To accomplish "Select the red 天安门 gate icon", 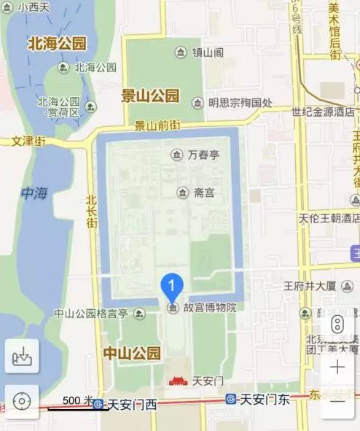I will (179, 380).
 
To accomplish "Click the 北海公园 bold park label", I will (57, 43).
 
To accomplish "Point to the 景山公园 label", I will (150, 95).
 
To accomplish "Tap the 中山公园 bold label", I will (131, 354).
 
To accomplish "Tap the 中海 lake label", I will (34, 193).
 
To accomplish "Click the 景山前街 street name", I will (157, 125).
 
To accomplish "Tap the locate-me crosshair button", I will (22, 401).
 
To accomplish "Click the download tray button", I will (22, 357).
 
